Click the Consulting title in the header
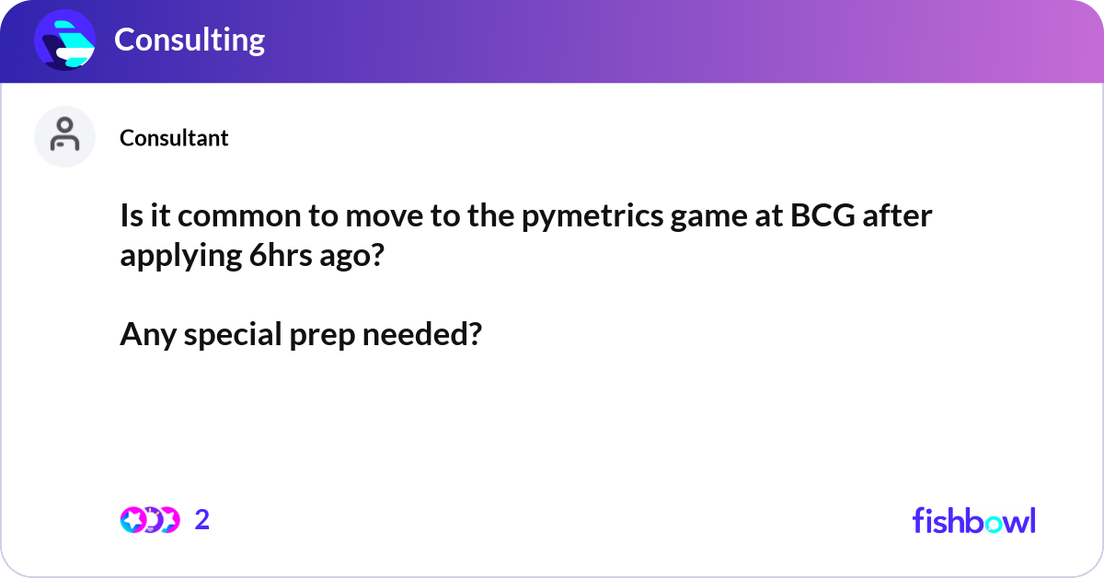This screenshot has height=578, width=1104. (189, 40)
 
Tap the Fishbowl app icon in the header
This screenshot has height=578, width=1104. (65, 40)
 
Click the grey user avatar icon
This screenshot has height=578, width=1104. (64, 136)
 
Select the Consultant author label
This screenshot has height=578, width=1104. (174, 138)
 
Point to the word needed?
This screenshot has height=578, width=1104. (421, 336)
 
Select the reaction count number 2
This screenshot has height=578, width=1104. (202, 520)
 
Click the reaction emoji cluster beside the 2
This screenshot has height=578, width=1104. (149, 520)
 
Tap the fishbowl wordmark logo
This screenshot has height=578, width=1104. (973, 520)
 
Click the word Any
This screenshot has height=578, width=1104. (148, 336)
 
